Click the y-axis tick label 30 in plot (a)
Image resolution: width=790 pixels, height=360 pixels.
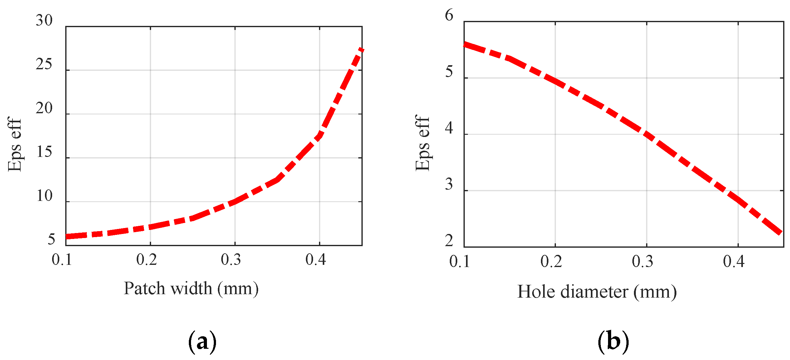point(44,21)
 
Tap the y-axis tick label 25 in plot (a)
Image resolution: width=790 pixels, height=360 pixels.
point(44,64)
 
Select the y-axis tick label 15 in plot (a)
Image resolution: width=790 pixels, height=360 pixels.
point(44,152)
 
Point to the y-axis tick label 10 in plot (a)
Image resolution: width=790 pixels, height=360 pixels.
point(44,196)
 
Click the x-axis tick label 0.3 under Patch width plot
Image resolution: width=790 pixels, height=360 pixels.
point(231,260)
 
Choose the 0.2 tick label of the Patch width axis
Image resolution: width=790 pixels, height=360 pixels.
point(146,260)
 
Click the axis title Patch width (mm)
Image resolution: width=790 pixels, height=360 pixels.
point(191,288)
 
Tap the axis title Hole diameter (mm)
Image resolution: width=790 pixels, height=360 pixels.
point(597,292)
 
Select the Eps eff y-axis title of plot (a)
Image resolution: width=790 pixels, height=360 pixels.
point(15,144)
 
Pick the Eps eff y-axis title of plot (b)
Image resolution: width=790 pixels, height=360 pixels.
point(422,143)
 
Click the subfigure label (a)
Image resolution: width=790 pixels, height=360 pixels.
point(202,342)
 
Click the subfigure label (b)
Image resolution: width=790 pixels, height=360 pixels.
point(613,342)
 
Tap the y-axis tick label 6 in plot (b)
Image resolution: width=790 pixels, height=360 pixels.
point(449,15)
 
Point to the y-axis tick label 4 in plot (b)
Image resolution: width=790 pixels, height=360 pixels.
point(449,128)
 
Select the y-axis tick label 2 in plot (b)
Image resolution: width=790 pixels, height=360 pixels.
point(449,241)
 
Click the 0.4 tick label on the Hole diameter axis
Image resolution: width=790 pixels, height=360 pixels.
point(734,261)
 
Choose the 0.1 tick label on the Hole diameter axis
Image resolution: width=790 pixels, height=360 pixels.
point(459,261)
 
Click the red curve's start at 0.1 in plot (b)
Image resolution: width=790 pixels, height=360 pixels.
point(465,44)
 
